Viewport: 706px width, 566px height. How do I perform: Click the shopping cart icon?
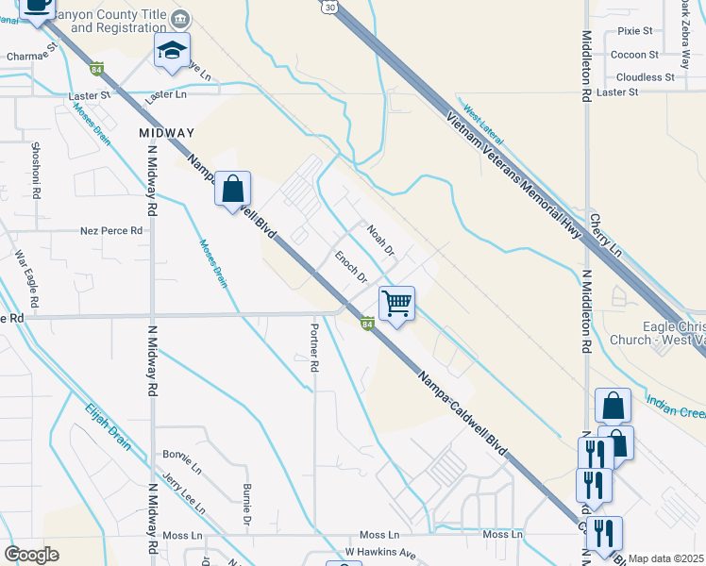point(397,304)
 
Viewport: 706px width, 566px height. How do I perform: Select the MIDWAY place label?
point(166,133)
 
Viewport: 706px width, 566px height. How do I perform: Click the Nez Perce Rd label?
point(111,230)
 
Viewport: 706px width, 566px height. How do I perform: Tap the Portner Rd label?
point(314,347)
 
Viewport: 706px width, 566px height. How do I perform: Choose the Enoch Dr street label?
point(351,266)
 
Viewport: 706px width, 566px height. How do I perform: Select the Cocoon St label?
point(635,55)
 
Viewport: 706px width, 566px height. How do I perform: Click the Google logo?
point(31,555)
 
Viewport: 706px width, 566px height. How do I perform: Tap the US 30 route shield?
point(328,7)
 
